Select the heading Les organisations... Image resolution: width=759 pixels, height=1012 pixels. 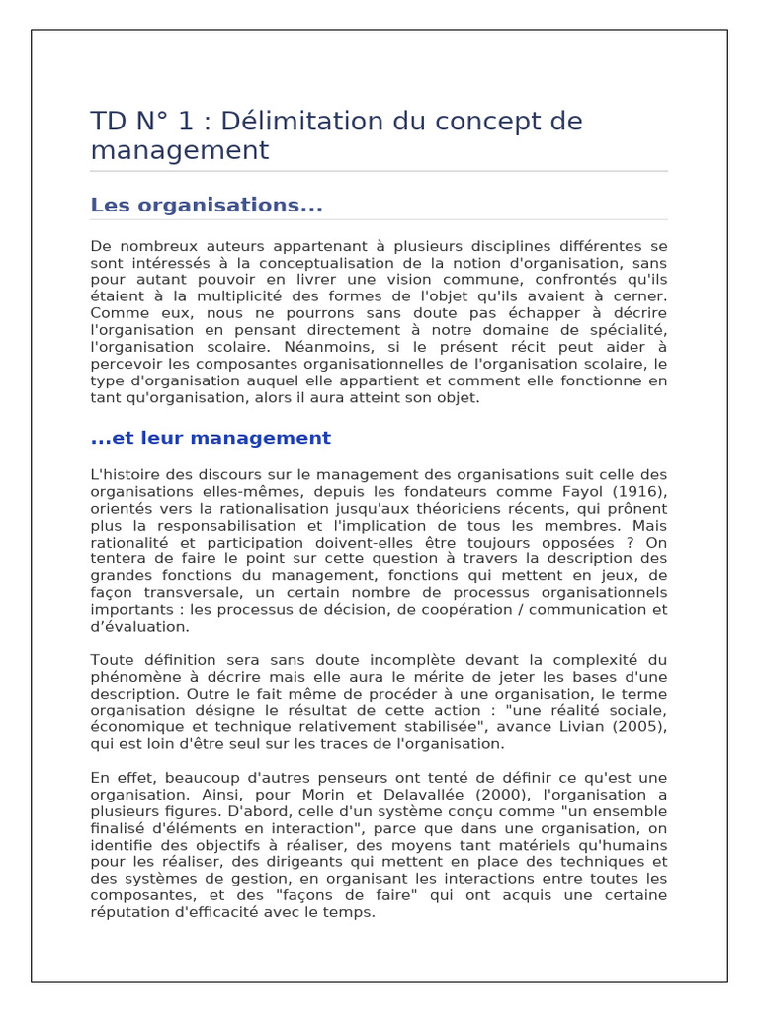tap(207, 205)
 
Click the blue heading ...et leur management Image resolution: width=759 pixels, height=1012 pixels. tap(211, 438)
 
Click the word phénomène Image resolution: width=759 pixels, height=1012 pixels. tap(133, 677)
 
